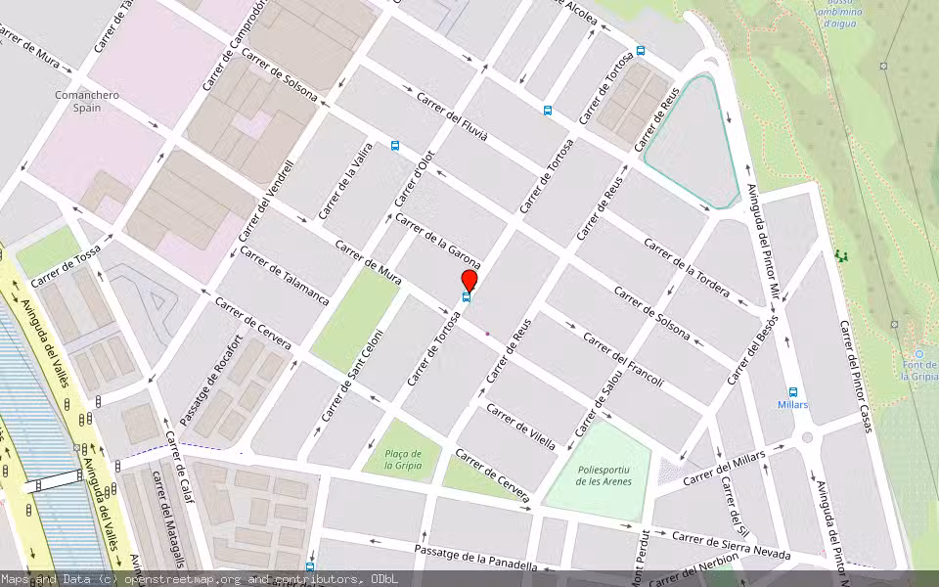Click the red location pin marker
pos(469,278)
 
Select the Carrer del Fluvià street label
pos(452,117)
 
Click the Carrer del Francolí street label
pos(623,359)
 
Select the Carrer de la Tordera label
pos(687,267)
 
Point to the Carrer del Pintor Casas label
pos(855,376)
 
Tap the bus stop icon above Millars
pos(792,391)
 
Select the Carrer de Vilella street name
pos(521,427)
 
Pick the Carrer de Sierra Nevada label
pos(731,545)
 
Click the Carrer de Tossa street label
pos(66,265)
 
